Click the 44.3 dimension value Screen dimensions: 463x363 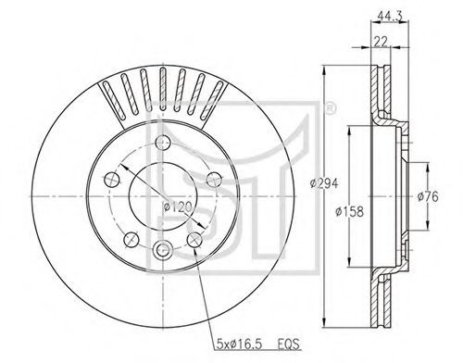coord(390,17)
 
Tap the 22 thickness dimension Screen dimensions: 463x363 coord(381,41)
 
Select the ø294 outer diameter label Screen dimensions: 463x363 coord(324,184)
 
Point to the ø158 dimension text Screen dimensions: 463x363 coord(349,211)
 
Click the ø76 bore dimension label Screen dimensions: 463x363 coord(428,196)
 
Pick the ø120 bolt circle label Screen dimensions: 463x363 coord(178,207)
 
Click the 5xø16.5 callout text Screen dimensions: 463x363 coord(240,344)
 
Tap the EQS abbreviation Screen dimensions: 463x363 coord(289,344)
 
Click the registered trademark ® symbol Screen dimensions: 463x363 coord(330,109)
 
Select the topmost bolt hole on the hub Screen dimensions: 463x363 coord(163,143)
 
